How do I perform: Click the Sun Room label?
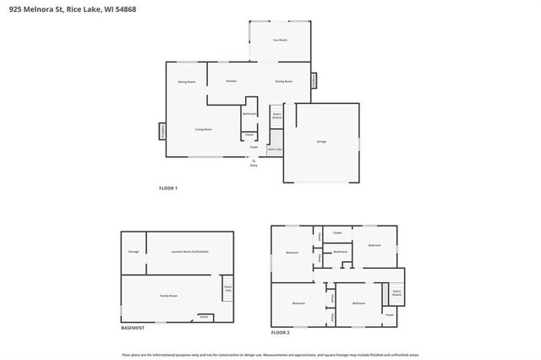tap(278, 40)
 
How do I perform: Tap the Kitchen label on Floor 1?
tap(230, 81)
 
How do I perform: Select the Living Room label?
tap(203, 129)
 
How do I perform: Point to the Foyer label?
tap(253, 147)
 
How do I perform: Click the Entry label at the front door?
tap(253, 166)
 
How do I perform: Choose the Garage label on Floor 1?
tap(320, 141)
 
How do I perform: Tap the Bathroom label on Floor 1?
tap(249, 113)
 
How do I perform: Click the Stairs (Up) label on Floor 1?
tap(275, 149)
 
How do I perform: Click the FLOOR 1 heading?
tap(168, 188)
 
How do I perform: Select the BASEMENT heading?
tap(133, 328)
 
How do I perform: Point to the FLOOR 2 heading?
tap(280, 333)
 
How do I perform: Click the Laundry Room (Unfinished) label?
tap(189, 252)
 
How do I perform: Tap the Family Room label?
tap(168, 296)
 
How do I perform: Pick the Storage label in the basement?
tap(134, 252)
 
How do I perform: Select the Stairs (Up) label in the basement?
tap(227, 288)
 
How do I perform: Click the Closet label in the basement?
tap(204, 317)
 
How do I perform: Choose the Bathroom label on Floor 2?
tap(340, 252)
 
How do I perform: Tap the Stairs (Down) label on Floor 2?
tap(396, 292)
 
